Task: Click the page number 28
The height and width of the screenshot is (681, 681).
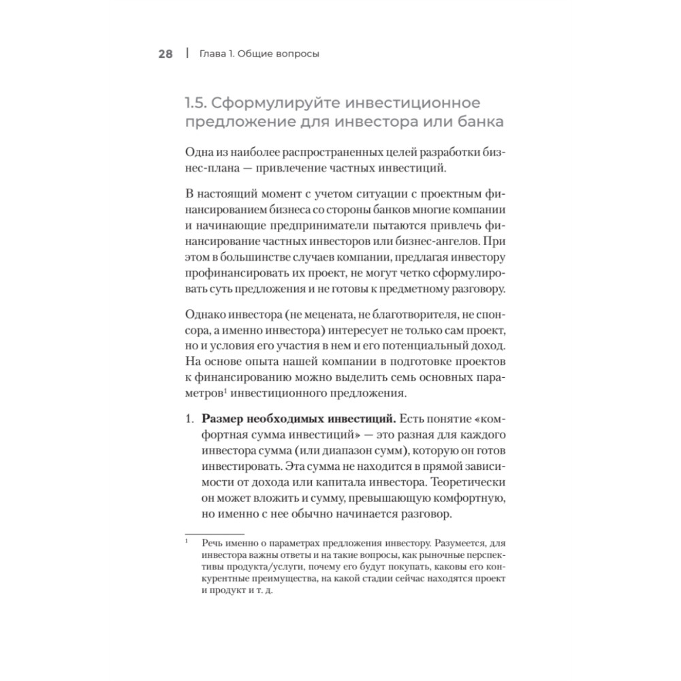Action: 165,54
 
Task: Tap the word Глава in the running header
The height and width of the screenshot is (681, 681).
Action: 211,54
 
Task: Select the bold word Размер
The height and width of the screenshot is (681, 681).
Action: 217,417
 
